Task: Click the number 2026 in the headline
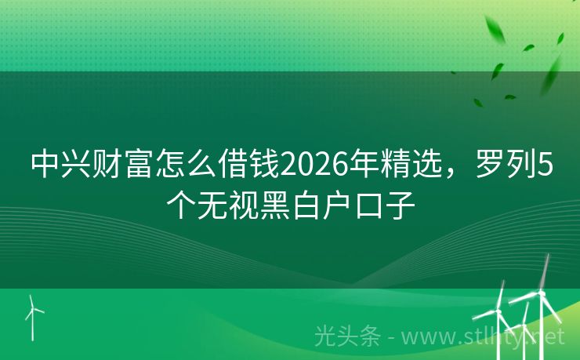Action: (x=313, y=166)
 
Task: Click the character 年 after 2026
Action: (x=362, y=166)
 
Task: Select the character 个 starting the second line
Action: (x=180, y=205)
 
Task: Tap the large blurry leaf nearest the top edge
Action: (x=496, y=30)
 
